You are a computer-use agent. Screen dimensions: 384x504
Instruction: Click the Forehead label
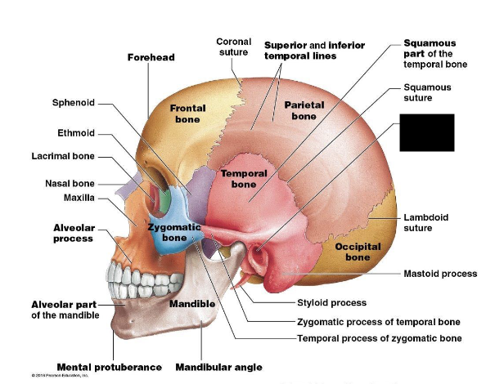[x=151, y=57]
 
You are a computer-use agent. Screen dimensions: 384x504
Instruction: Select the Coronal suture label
[x=233, y=47]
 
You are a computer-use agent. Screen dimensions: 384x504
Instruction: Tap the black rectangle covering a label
[x=426, y=132]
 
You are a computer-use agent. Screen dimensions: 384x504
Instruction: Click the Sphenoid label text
[x=74, y=103]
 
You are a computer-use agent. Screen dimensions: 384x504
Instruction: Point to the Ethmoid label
[x=76, y=133]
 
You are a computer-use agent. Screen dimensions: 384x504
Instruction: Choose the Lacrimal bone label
[x=64, y=156]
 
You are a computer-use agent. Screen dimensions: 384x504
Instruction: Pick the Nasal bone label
[x=70, y=183]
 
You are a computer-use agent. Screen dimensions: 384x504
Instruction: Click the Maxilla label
[x=79, y=198]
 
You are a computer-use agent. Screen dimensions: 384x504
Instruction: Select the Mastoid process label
[x=440, y=274]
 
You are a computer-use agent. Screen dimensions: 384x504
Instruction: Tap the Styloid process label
[x=331, y=303]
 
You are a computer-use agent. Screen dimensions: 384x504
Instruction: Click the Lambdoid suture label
[x=425, y=222]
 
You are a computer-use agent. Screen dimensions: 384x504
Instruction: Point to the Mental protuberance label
[x=109, y=367]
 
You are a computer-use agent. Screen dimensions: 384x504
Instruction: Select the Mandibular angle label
[x=218, y=367]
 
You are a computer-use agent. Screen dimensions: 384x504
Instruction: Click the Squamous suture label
[x=427, y=92]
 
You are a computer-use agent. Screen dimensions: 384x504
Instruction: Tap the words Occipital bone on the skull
[x=357, y=252]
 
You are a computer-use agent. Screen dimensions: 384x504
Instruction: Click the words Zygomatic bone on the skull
[x=174, y=232]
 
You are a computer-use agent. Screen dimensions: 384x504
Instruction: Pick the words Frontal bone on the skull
[x=187, y=114]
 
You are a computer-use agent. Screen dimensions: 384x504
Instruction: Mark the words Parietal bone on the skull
[x=304, y=110]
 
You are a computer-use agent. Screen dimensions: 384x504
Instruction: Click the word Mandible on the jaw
[x=192, y=304]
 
